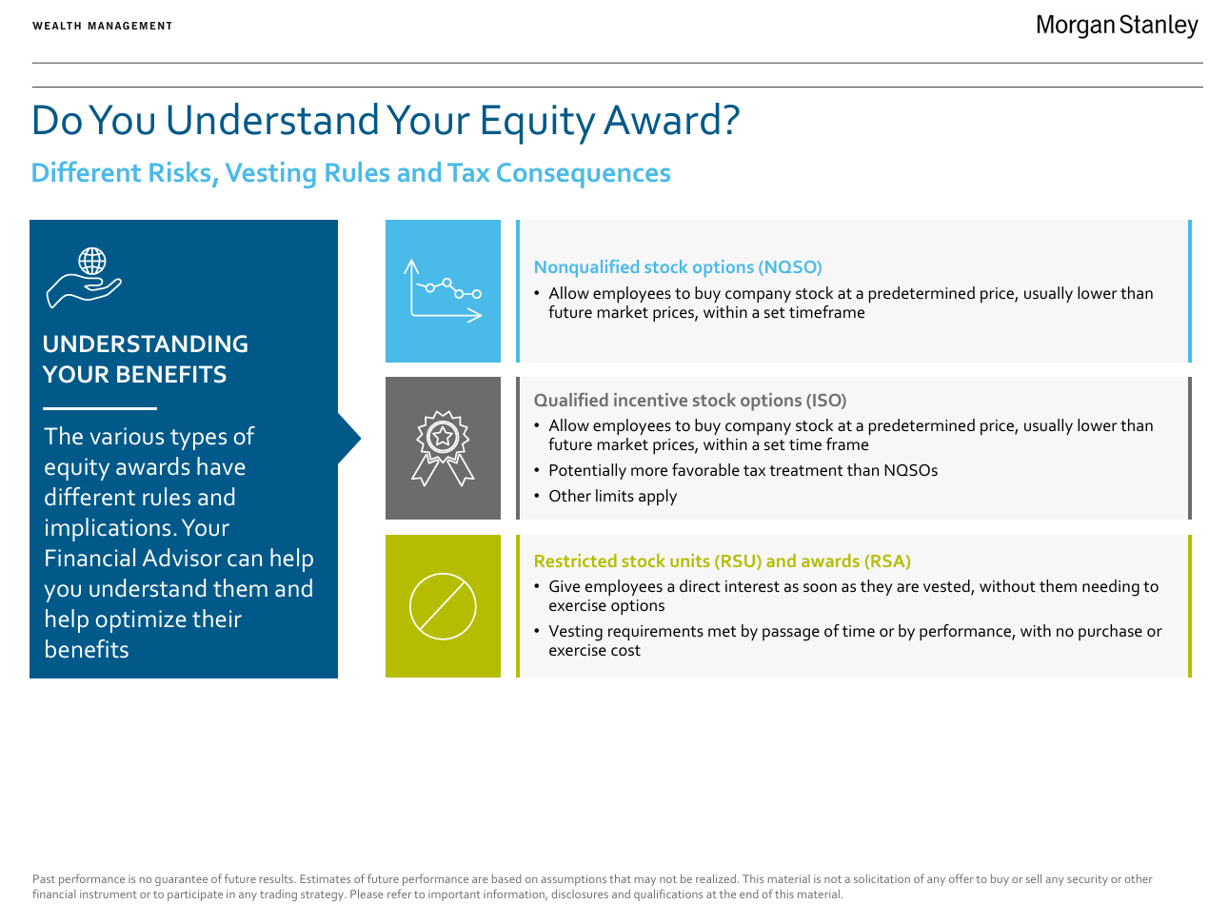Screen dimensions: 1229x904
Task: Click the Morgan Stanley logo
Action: [x=1116, y=26]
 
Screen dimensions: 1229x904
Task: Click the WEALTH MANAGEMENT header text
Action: [x=103, y=26]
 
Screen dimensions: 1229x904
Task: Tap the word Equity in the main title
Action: [x=537, y=121]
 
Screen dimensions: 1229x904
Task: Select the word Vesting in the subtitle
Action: [x=271, y=173]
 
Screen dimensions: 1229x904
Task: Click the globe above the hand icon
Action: [x=92, y=261]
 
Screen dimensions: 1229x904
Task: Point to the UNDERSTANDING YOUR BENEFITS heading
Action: [x=146, y=360]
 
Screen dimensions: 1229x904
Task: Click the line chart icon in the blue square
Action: [x=443, y=291]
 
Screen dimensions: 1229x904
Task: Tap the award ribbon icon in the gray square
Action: [x=443, y=448]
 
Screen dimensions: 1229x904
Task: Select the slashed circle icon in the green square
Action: [x=443, y=606]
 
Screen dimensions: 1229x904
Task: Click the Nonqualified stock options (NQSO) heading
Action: [x=678, y=267]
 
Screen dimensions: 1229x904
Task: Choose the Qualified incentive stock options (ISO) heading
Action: [x=690, y=401]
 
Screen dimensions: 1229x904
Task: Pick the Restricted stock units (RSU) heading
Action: [x=722, y=561]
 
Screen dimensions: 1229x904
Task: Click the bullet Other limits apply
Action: [x=612, y=497]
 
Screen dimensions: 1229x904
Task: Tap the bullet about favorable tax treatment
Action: [x=743, y=471]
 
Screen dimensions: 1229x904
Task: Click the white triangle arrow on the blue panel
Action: [x=349, y=439]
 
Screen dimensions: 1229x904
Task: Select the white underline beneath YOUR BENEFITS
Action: [x=100, y=408]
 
